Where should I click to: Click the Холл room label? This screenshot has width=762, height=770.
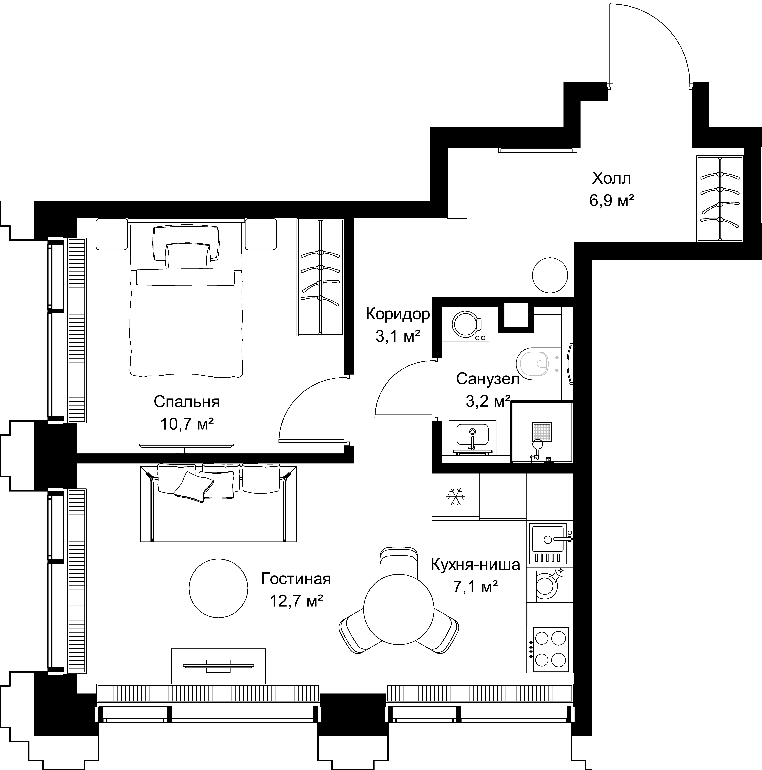(x=612, y=178)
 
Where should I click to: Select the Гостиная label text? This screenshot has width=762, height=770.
(x=296, y=579)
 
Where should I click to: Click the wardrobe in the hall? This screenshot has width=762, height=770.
(x=720, y=198)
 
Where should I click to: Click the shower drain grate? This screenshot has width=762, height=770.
(x=543, y=432)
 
